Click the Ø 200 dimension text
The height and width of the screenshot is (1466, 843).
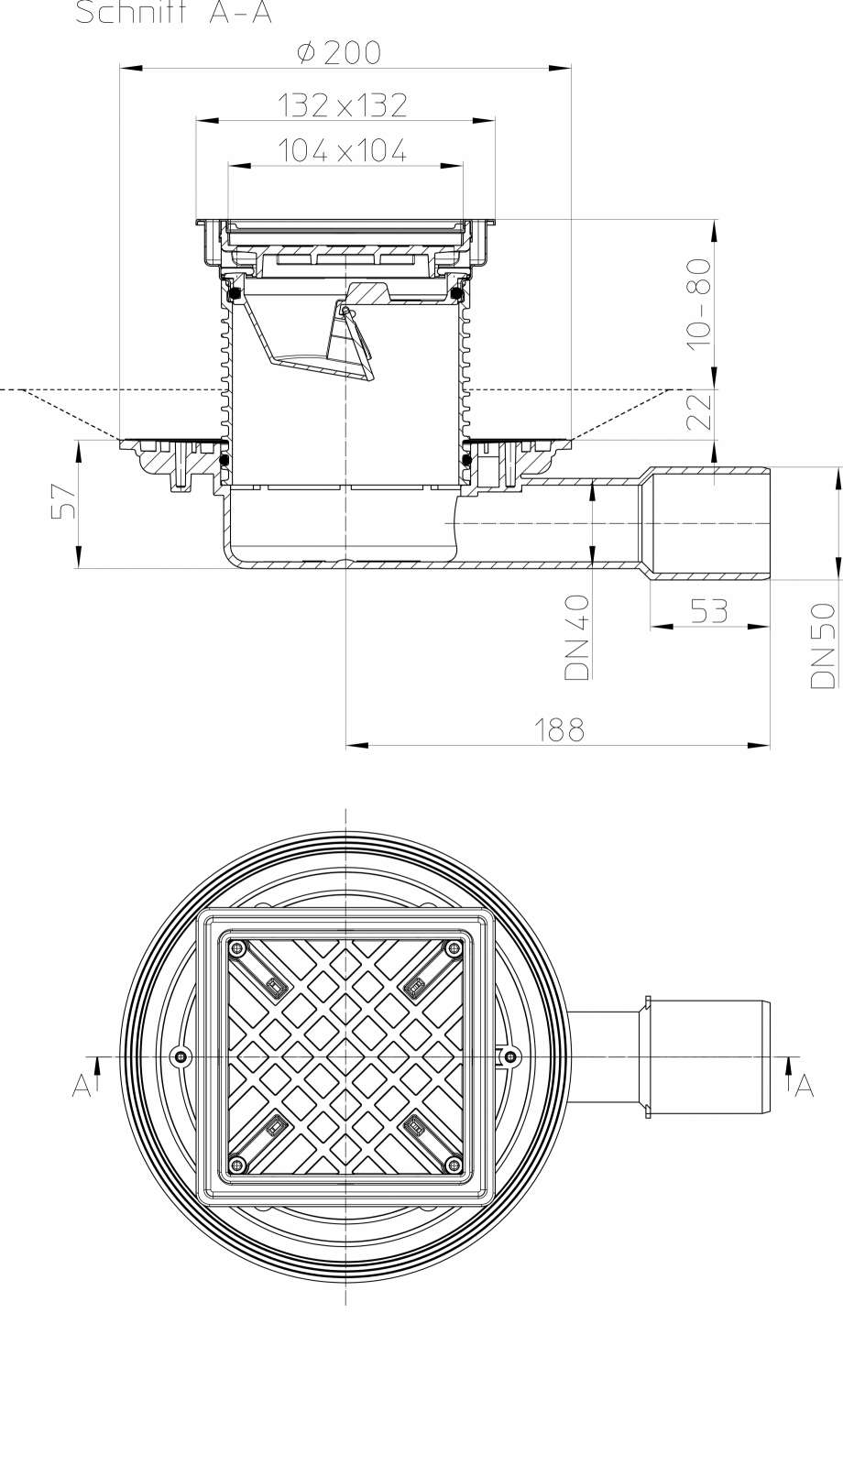pyautogui.click(x=339, y=53)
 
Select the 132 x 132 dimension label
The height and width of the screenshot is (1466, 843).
pyautogui.click(x=343, y=105)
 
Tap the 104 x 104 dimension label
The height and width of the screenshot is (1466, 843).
pyautogui.click(x=343, y=151)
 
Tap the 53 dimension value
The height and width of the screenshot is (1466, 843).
pyautogui.click(x=708, y=611)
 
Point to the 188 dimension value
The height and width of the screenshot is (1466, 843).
pyautogui.click(x=560, y=729)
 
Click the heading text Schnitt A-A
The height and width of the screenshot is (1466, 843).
pyautogui.click(x=174, y=14)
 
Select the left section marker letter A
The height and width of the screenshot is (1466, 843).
pyautogui.click(x=81, y=1085)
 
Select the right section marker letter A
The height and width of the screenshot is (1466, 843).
pyautogui.click(x=805, y=1085)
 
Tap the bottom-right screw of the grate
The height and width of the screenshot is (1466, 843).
pyautogui.click(x=452, y=1165)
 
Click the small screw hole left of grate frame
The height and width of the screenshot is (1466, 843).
pyautogui.click(x=181, y=1057)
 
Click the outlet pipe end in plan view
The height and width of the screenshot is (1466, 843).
pyautogui.click(x=766, y=1057)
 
